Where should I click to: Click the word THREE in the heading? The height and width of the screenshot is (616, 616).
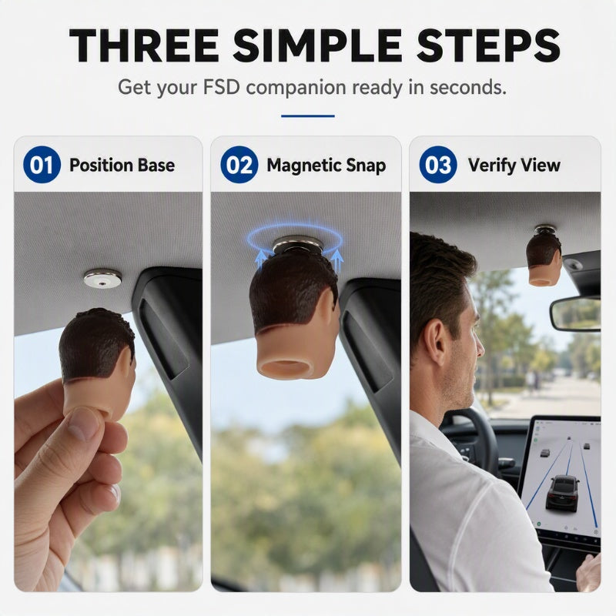[x=144, y=45]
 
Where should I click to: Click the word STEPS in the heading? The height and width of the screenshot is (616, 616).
[x=488, y=45]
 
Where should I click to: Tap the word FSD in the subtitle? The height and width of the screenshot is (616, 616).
[x=221, y=87]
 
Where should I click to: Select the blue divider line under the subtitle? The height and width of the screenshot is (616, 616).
[x=307, y=116]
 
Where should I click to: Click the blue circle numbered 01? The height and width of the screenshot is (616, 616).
[x=42, y=165]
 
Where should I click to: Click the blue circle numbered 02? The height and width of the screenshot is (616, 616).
[x=239, y=165]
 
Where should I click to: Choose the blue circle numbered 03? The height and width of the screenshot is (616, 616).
[x=438, y=165]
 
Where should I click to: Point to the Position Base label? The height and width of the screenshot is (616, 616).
[x=122, y=165]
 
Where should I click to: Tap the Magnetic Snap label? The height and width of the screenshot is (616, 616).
[x=326, y=166]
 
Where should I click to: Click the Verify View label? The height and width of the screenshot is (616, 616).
[x=514, y=166]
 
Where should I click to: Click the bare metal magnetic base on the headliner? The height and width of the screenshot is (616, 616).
[x=102, y=279]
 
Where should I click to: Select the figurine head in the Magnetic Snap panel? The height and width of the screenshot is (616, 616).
[x=295, y=314]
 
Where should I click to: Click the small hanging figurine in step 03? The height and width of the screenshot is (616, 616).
[x=544, y=257]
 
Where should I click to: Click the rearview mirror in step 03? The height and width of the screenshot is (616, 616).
[x=575, y=314]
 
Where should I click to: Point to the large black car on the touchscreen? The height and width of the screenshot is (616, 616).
[x=563, y=492]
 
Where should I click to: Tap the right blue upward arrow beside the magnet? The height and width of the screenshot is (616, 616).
[x=336, y=261]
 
